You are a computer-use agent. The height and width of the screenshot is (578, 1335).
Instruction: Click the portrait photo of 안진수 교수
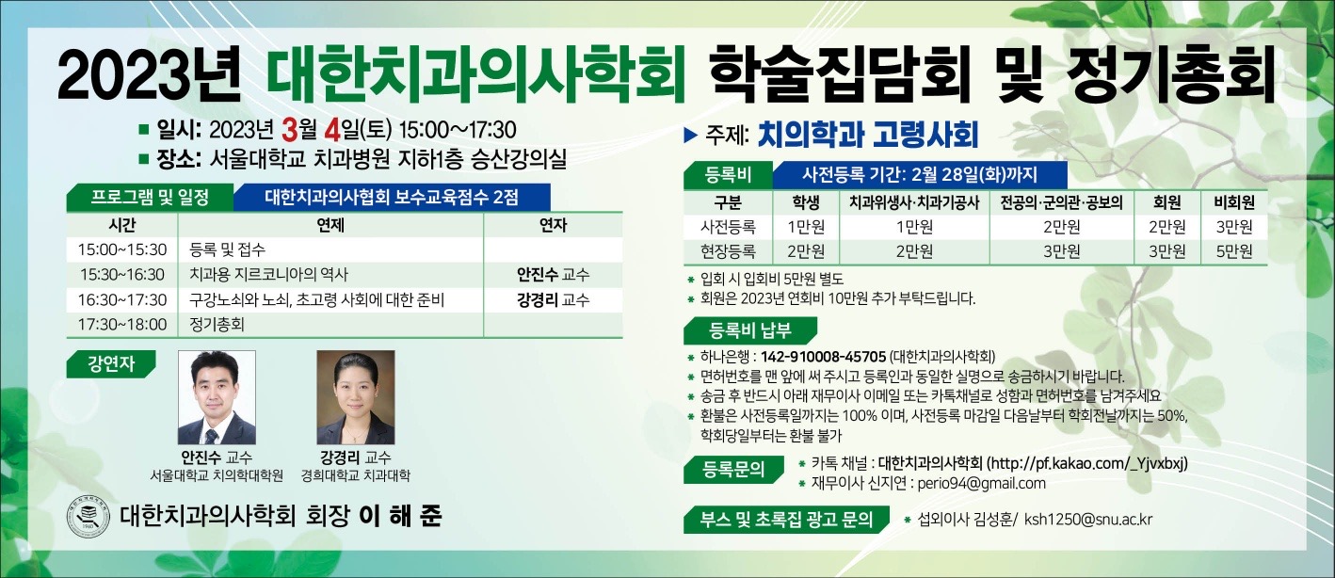(x=217, y=397)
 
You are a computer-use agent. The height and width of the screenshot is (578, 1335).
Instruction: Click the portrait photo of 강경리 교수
(x=355, y=397)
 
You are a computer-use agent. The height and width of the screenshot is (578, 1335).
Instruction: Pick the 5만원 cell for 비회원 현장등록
(x=1233, y=250)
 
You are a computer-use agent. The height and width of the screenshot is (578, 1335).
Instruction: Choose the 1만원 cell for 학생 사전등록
(x=806, y=227)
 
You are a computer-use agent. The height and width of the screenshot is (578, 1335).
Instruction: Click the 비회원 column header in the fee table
(x=1233, y=202)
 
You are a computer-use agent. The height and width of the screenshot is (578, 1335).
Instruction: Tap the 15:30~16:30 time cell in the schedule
(x=122, y=275)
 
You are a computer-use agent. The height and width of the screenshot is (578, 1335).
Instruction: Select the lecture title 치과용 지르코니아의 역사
(x=268, y=275)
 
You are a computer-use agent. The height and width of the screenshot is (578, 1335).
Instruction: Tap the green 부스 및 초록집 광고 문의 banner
(x=786, y=520)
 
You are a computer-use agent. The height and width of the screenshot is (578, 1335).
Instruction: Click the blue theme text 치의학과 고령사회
(x=867, y=135)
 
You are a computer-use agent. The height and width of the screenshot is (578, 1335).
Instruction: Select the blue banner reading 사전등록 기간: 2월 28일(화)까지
(x=919, y=174)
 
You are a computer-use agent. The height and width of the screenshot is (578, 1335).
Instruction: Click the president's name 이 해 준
(x=407, y=517)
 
